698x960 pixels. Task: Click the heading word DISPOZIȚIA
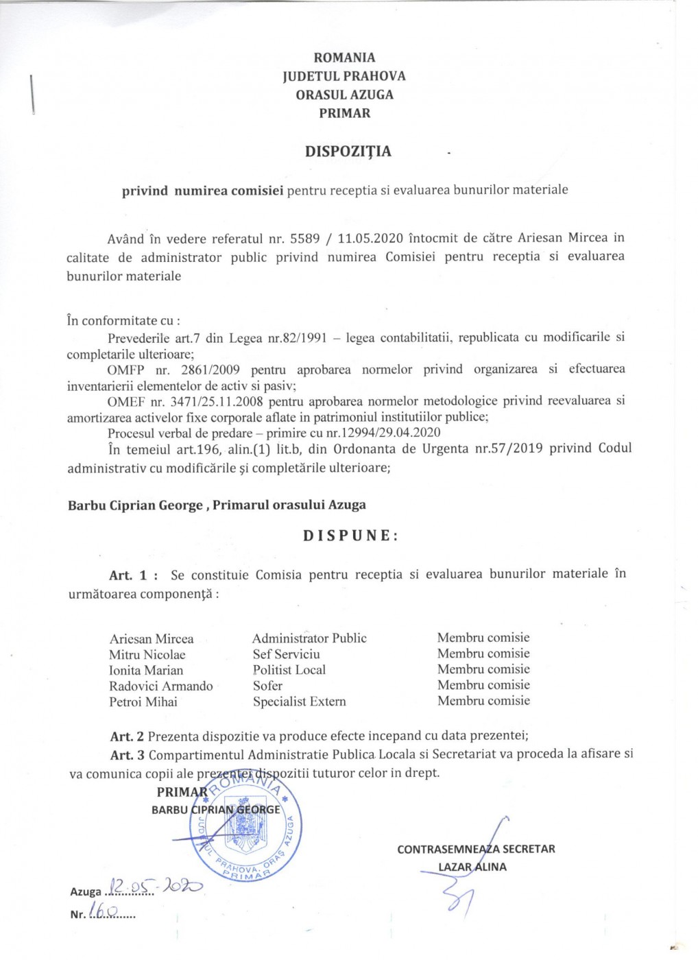(348, 152)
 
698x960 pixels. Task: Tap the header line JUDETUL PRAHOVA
(344, 76)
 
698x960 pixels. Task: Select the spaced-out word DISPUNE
(350, 536)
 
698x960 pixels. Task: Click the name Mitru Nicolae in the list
(147, 655)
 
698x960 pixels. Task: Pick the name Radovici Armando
(160, 686)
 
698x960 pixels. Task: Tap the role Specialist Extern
(299, 701)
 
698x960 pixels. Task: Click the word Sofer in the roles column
(267, 686)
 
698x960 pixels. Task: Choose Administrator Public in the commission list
(309, 638)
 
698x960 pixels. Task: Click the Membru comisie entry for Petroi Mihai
(483, 701)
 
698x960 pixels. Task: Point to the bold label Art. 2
(127, 737)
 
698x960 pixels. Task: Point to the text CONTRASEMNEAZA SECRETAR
(476, 849)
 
